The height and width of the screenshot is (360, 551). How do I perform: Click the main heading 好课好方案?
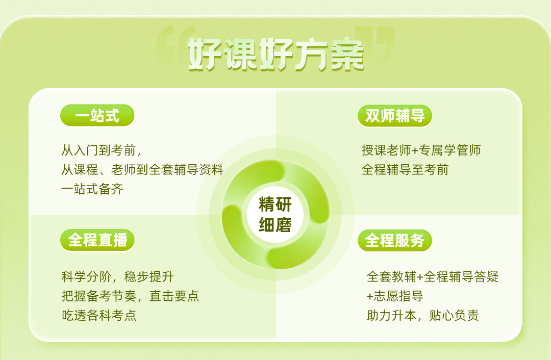click(x=276, y=55)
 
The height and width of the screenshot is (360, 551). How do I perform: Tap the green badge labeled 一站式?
click(x=97, y=115)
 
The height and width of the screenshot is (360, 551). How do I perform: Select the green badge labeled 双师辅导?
click(x=394, y=116)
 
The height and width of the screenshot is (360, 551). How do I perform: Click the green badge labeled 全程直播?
click(x=97, y=240)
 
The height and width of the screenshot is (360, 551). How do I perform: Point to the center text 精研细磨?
click(x=275, y=215)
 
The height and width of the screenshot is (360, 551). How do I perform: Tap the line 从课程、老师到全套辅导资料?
click(x=142, y=170)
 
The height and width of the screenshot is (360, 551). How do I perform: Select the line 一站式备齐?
click(x=92, y=189)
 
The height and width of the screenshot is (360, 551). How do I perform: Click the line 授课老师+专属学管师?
click(x=421, y=150)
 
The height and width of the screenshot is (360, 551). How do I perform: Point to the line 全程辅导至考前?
click(x=405, y=170)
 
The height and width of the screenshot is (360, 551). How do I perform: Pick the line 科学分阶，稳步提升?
click(x=118, y=277)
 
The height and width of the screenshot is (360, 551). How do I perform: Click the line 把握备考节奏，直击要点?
click(x=131, y=296)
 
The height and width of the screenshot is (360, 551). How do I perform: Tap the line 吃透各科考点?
click(x=99, y=316)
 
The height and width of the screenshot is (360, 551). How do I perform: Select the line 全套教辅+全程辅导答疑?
click(x=433, y=277)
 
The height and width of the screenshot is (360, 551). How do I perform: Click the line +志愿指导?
click(x=394, y=296)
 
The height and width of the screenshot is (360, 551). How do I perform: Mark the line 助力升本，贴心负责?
click(x=423, y=316)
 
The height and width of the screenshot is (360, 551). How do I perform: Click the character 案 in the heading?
click(x=347, y=55)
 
